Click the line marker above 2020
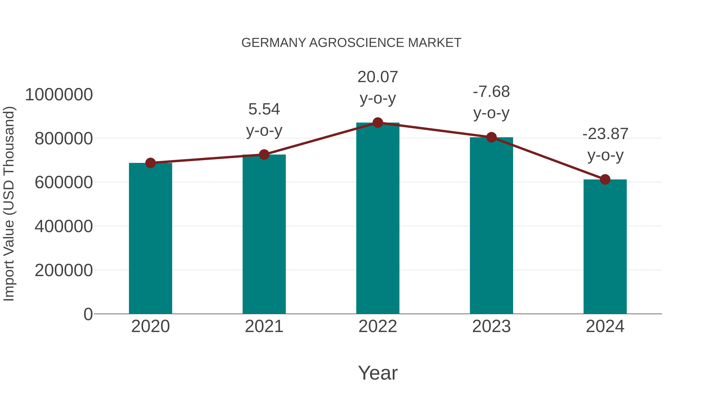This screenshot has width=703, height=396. (x=150, y=163)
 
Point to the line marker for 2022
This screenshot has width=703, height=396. (x=378, y=123)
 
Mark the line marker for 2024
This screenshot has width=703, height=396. (x=605, y=179)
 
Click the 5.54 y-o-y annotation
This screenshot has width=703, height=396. (x=264, y=109)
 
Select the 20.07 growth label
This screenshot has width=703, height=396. (x=378, y=77)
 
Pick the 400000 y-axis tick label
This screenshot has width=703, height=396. (x=64, y=226)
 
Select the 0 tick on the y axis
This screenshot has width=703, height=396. (x=88, y=314)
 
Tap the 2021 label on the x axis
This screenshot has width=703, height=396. (x=264, y=326)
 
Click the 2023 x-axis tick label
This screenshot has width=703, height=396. (x=491, y=326)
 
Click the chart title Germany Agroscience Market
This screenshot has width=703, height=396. (x=351, y=43)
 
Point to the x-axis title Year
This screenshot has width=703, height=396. (x=378, y=373)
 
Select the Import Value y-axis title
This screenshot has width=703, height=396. (x=9, y=204)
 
